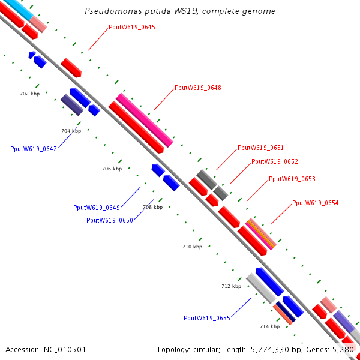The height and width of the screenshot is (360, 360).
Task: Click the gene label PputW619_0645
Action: (x=132, y=28)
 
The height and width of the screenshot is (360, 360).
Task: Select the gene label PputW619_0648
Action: (x=198, y=88)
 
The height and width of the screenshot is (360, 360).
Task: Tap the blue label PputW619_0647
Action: (x=34, y=149)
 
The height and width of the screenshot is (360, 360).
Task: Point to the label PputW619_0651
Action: (x=261, y=148)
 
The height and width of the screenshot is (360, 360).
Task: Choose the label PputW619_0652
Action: (x=275, y=161)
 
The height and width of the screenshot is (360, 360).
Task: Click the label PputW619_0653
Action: (x=292, y=179)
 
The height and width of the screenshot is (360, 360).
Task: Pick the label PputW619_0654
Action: (x=316, y=203)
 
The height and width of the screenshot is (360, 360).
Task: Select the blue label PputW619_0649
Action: (x=97, y=208)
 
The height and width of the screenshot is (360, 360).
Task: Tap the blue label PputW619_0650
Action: (x=110, y=220)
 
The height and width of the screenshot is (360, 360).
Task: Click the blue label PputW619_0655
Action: (x=207, y=318)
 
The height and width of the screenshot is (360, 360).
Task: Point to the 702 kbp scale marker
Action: (x=29, y=94)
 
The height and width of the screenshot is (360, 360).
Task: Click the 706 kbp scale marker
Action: (x=112, y=169)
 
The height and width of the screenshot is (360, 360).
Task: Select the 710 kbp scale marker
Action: (x=192, y=247)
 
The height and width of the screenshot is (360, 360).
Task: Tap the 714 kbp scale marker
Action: (x=269, y=326)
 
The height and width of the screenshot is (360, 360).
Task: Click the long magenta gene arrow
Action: (x=144, y=120)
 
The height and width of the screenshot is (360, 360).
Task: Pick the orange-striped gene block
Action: (x=262, y=233)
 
